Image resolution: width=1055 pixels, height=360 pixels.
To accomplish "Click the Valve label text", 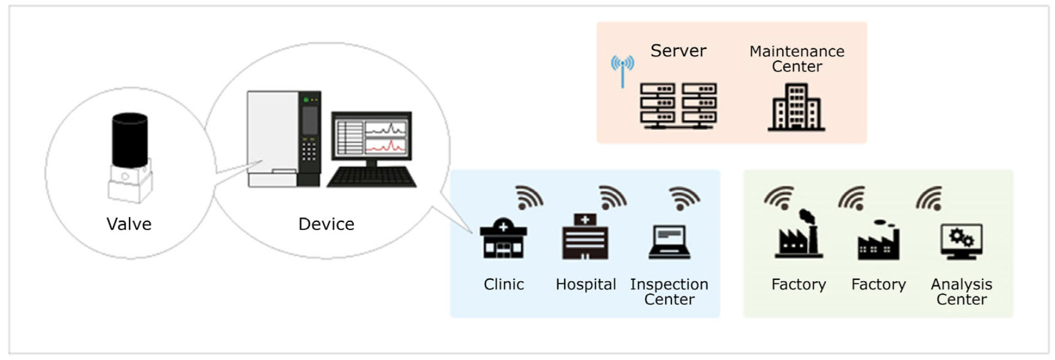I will point(129,224).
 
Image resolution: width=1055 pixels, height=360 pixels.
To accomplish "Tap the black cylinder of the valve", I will point(130,140).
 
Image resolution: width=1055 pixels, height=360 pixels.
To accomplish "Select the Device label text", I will point(326,224).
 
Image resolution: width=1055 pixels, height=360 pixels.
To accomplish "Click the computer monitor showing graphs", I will point(371,135).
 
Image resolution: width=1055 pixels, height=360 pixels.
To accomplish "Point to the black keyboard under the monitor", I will point(371,177).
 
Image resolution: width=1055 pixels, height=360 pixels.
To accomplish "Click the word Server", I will point(678,51).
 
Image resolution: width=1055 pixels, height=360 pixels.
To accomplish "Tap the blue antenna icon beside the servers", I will point(622,70).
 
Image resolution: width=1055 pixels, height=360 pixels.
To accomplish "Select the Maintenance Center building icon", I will point(796,108).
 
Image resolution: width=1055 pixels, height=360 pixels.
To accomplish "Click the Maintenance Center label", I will point(796,59).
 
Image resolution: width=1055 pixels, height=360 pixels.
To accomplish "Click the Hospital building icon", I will point(585,237).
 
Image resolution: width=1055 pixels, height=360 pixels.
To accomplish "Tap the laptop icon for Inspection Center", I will point(669,242).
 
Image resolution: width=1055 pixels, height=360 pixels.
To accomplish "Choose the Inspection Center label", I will point(669,292).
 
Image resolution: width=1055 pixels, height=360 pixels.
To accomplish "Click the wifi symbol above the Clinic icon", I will point(529,198).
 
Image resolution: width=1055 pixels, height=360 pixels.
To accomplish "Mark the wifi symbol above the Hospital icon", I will point(612,198).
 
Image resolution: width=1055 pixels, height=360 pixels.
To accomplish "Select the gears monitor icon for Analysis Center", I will point(961,241).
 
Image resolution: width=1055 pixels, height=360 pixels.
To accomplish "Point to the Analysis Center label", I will point(961,292).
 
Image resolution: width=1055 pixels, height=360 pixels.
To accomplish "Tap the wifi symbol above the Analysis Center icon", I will point(929,198).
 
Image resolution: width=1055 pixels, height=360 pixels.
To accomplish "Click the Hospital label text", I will point(586,285).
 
